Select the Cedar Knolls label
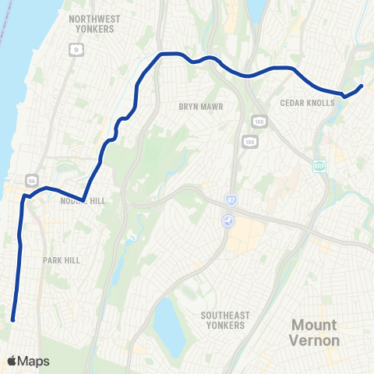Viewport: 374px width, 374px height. (306, 102)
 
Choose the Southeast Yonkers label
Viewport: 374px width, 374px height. (225, 320)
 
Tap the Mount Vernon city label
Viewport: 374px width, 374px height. (315, 332)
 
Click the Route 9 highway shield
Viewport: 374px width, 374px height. (75, 49)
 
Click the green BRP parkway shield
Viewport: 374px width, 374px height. (319, 166)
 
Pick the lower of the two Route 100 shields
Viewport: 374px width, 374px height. (249, 141)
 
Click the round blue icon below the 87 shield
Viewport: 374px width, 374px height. (227, 220)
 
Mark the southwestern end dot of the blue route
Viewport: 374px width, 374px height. (13, 319)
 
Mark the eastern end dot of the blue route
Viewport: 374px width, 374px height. (362, 86)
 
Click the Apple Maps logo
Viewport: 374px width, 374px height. (28, 361)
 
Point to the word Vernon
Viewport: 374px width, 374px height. (315, 340)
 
